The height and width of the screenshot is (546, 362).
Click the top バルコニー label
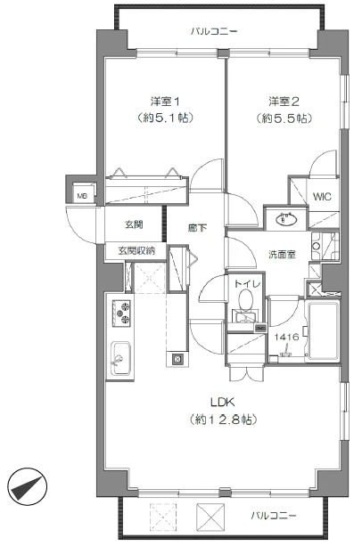(214, 31)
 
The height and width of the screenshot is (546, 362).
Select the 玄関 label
(134, 224)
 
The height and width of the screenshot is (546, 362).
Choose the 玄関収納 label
(136, 251)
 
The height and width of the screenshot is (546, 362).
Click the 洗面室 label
(282, 255)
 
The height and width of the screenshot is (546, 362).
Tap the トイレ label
(247, 284)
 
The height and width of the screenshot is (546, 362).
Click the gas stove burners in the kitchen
(120, 314)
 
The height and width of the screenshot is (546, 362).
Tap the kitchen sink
(119, 360)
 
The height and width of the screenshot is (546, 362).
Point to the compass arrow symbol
(28, 488)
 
